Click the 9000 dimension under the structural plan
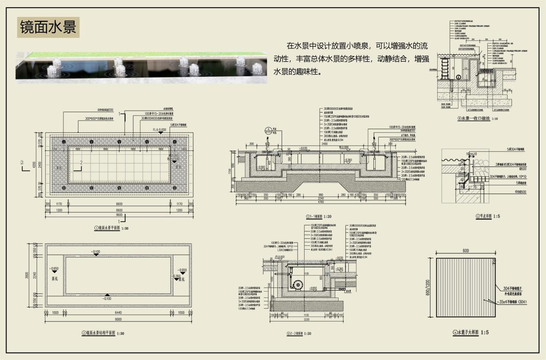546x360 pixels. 118,319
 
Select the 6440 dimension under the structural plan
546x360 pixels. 118,313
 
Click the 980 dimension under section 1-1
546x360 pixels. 320,195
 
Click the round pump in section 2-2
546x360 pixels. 296,285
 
